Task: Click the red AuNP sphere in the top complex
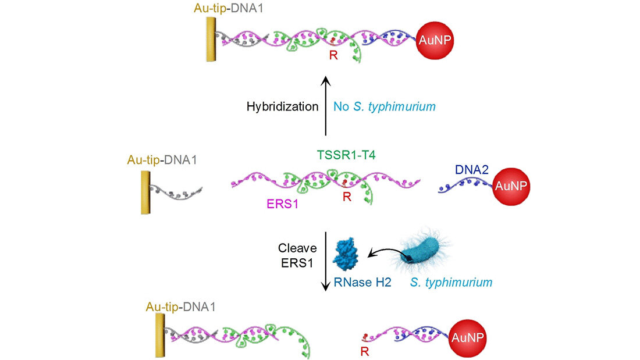point(434,40)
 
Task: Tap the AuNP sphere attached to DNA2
point(511,187)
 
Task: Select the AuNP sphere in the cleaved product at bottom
point(468,337)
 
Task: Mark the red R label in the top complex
point(333,56)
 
